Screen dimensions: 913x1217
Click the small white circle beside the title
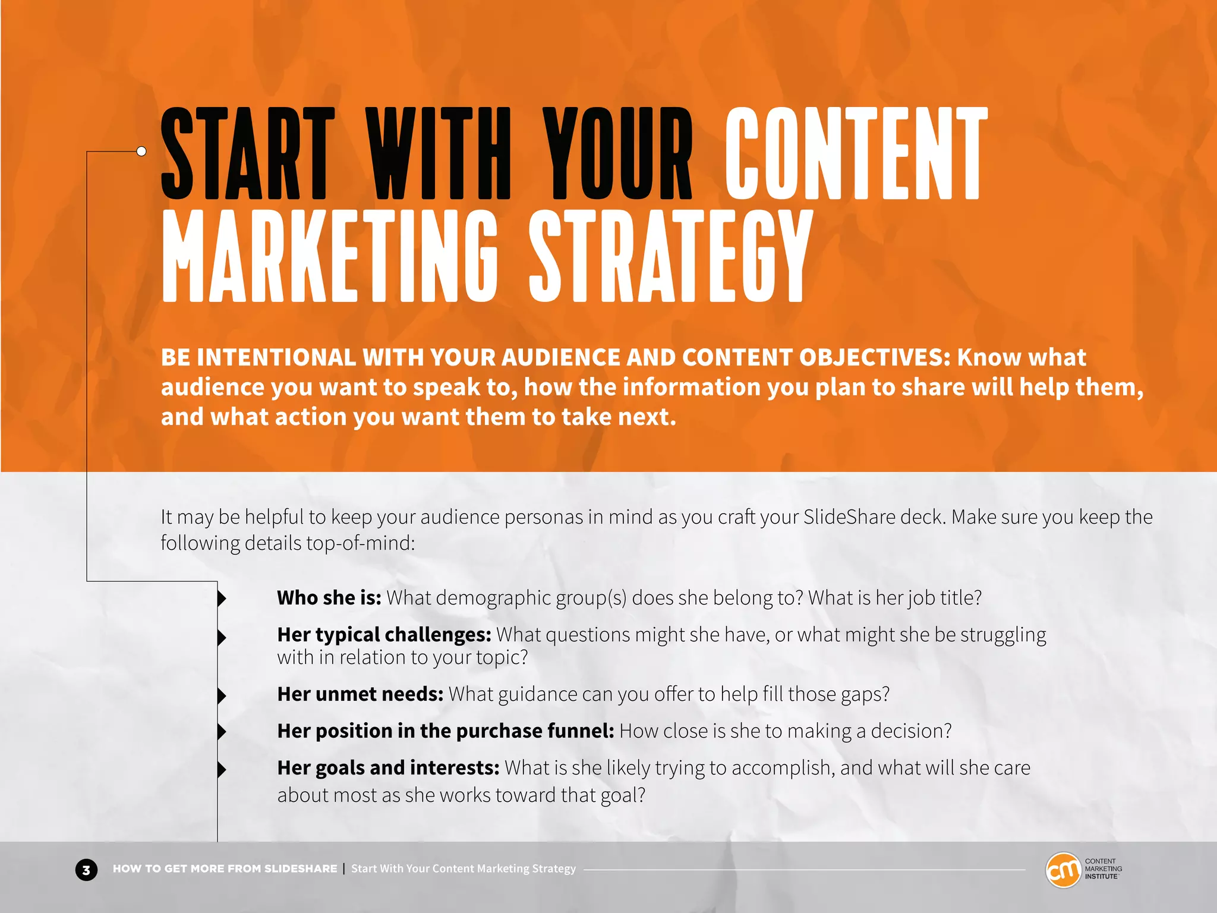click(x=141, y=151)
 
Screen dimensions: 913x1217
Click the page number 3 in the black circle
click(x=86, y=870)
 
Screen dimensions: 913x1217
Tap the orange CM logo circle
click(x=1062, y=870)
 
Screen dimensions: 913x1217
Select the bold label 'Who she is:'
click(x=329, y=597)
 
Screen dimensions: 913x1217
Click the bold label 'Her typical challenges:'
click(x=384, y=634)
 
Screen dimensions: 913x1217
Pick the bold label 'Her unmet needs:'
click(x=360, y=694)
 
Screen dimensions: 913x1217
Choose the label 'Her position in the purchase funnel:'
click(x=445, y=731)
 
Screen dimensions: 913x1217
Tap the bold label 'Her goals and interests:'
click(x=388, y=767)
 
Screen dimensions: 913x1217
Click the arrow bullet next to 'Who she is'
click(x=222, y=598)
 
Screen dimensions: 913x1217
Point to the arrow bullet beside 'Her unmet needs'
click(x=222, y=695)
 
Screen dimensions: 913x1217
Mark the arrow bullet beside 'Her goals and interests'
click(x=222, y=769)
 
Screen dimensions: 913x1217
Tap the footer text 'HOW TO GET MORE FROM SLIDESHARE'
click(x=225, y=868)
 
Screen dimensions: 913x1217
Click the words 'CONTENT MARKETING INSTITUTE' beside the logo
click(x=1103, y=868)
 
